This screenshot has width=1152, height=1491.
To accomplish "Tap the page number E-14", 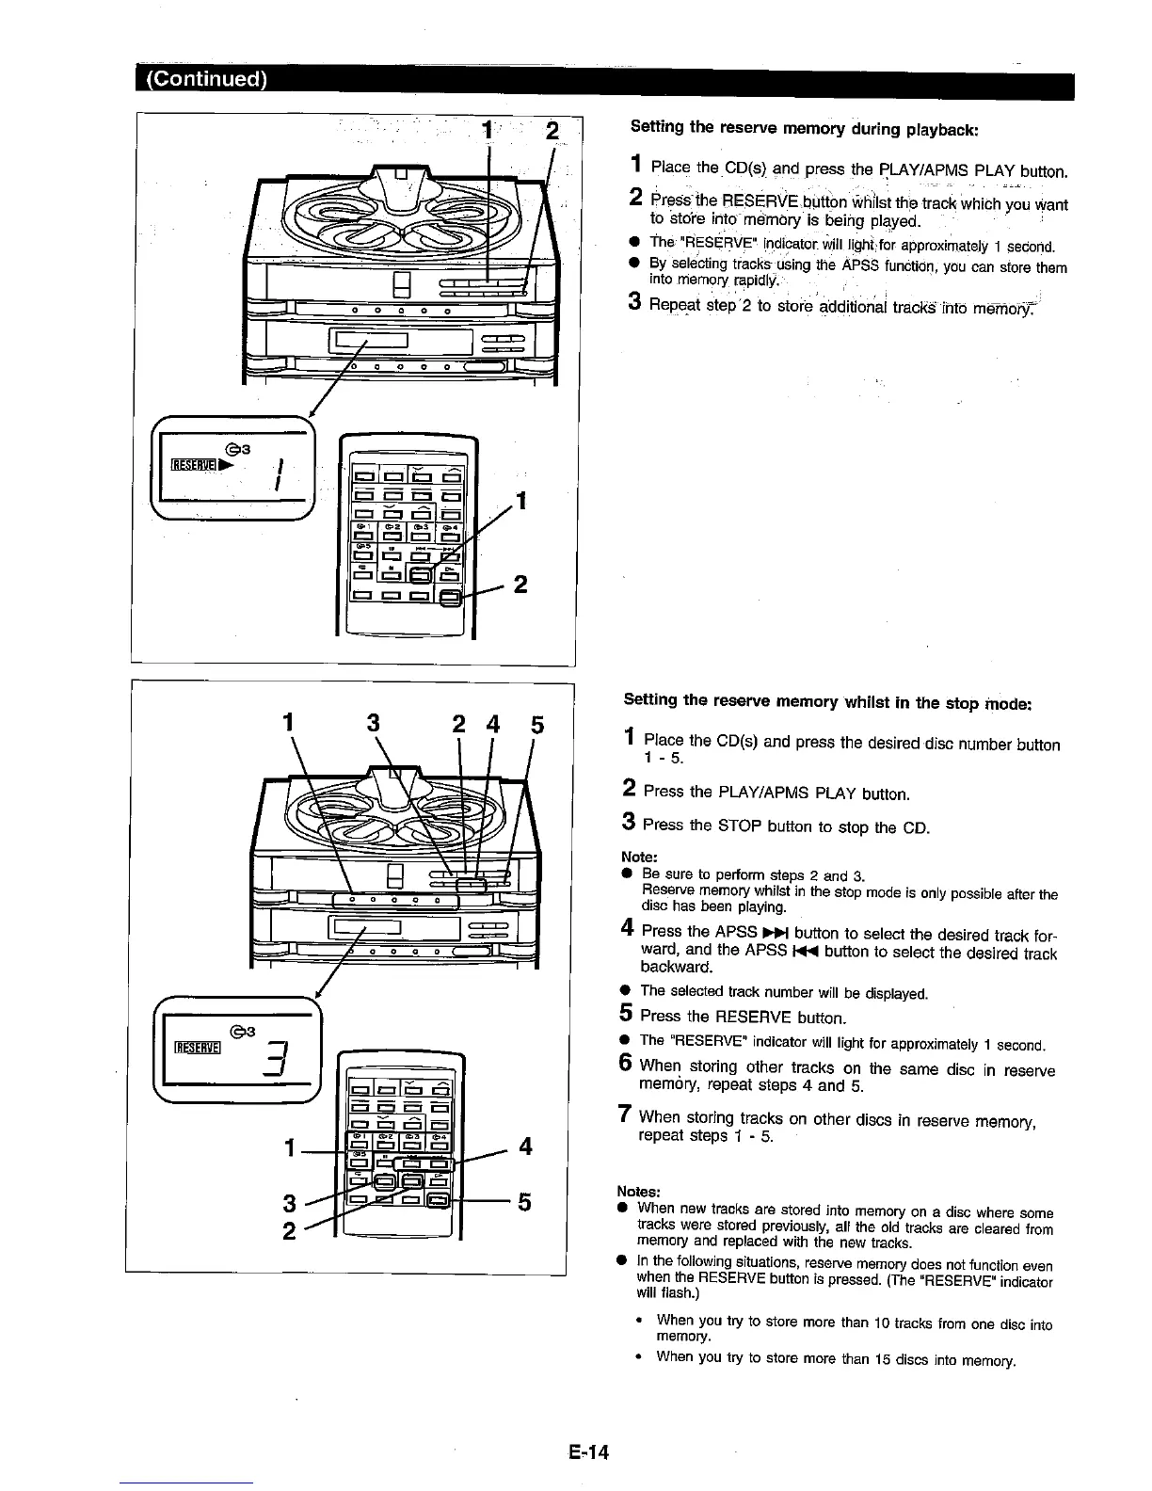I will click(x=589, y=1452).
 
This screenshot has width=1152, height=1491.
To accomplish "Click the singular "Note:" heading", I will click(x=639, y=857).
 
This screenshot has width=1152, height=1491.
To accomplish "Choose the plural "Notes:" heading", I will click(x=643, y=1191).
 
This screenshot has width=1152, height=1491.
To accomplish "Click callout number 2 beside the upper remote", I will click(x=520, y=585).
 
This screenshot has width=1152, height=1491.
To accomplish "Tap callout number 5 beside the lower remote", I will click(x=525, y=1203).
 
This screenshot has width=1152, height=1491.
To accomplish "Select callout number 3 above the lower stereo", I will click(x=373, y=725).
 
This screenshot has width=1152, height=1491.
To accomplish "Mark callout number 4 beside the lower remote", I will click(x=525, y=1146).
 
